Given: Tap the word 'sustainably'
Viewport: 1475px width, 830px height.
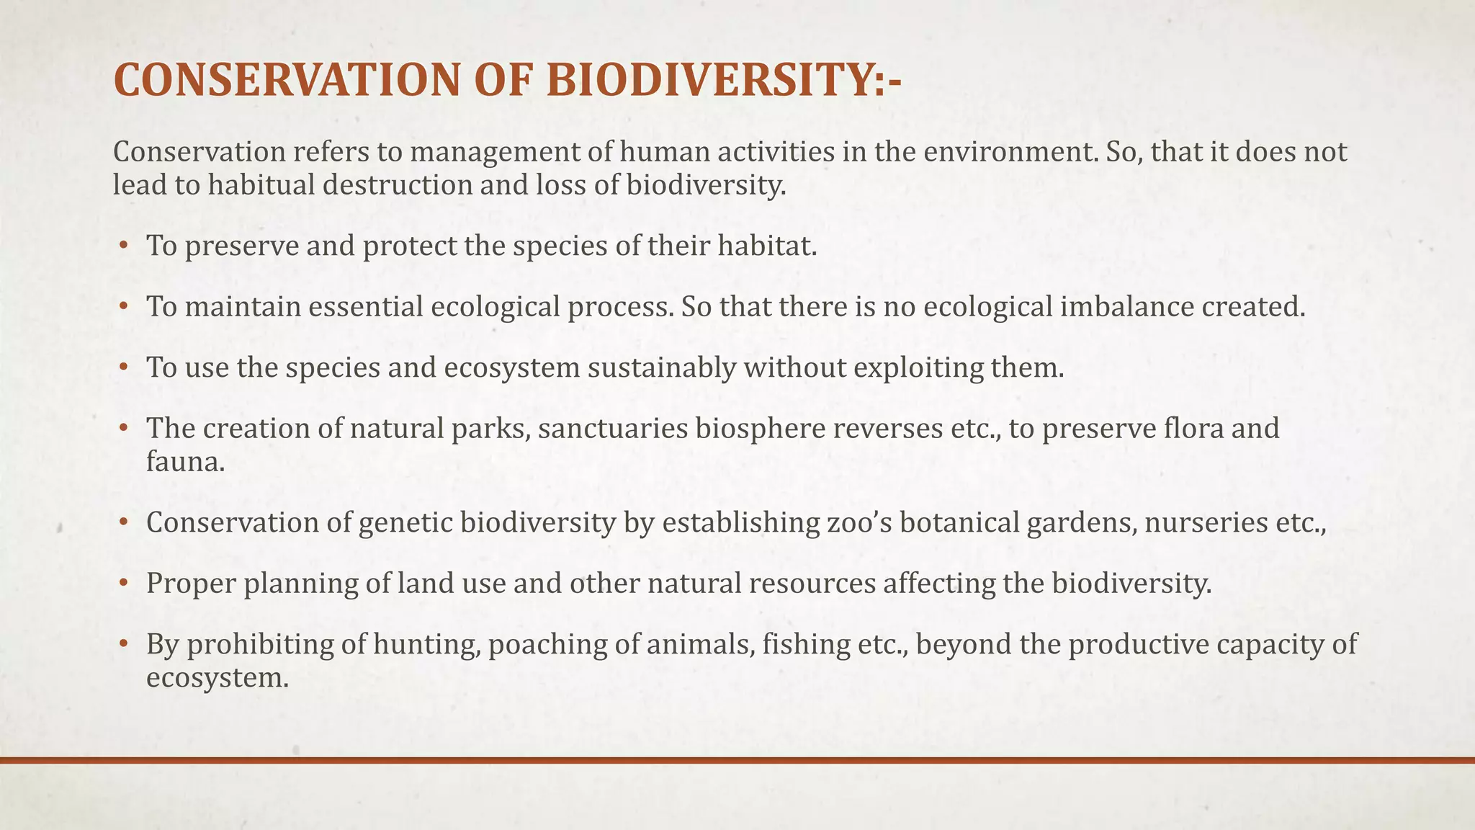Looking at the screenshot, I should pos(662,367).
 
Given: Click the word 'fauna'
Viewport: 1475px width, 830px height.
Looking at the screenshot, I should pos(185,461).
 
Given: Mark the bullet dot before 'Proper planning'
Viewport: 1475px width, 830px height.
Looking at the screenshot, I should pos(123,583).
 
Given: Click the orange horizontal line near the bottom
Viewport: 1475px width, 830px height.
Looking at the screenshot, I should pos(737,760).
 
